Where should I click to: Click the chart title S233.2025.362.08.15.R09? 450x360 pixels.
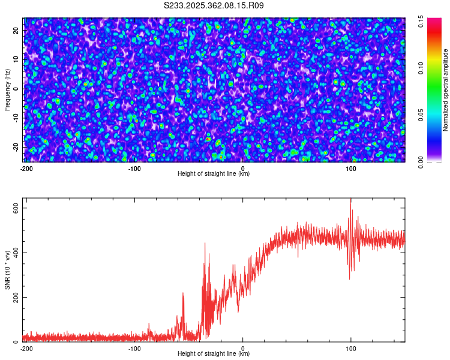(214, 5)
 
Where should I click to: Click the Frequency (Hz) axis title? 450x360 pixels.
(7, 89)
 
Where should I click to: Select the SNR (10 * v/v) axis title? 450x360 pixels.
(7, 271)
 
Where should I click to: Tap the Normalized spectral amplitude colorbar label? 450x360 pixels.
(446, 89)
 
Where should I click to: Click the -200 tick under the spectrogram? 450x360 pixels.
(26, 168)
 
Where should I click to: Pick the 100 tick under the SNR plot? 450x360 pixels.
(351, 348)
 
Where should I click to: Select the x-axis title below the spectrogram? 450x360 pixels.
(214, 174)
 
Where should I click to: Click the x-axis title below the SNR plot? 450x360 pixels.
(214, 354)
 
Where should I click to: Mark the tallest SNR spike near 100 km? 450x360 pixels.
(350, 200)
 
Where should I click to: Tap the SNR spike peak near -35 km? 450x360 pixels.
(205, 243)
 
